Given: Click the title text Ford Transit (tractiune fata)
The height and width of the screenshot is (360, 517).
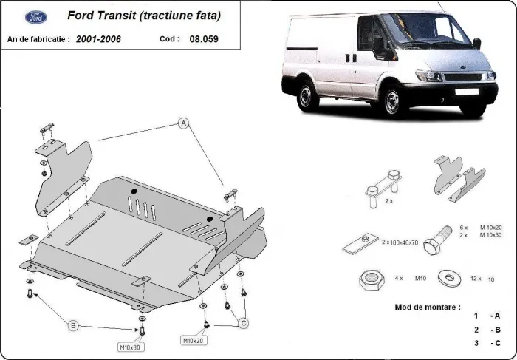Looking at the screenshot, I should [143, 15].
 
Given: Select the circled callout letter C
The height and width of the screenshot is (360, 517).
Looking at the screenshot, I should [242, 322].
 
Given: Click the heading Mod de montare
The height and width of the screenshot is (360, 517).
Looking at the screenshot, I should [427, 306].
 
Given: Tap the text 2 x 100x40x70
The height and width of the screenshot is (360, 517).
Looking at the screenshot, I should [400, 242].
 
